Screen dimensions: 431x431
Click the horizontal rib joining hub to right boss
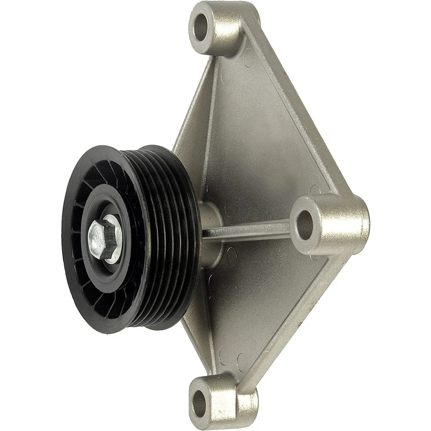pyautogui.click(x=251, y=231)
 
